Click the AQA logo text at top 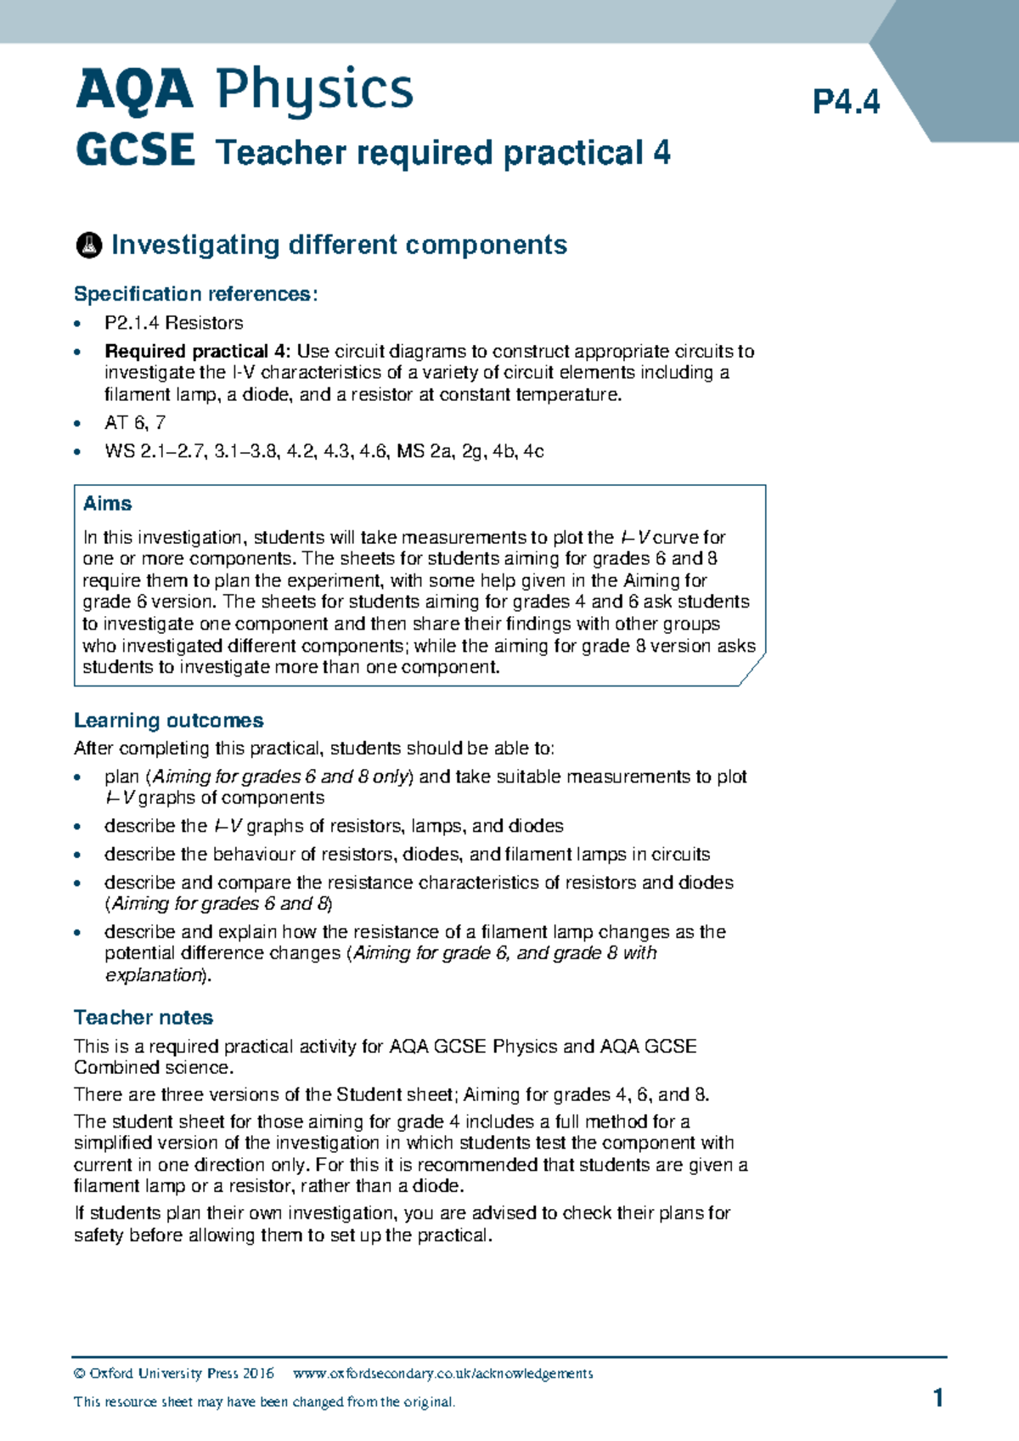tap(134, 90)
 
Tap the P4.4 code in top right tap(846, 103)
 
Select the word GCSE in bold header tap(135, 151)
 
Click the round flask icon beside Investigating tap(88, 246)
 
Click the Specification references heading tap(195, 294)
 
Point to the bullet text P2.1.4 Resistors tap(173, 323)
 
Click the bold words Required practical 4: tap(198, 351)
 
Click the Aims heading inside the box tap(107, 504)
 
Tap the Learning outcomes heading tap(168, 720)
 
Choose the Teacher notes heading tap(143, 1018)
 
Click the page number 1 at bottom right tap(937, 1399)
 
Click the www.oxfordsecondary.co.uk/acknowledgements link tap(442, 1374)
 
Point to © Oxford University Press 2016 tap(173, 1374)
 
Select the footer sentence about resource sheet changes tap(264, 1403)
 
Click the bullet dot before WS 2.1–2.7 tap(78, 452)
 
